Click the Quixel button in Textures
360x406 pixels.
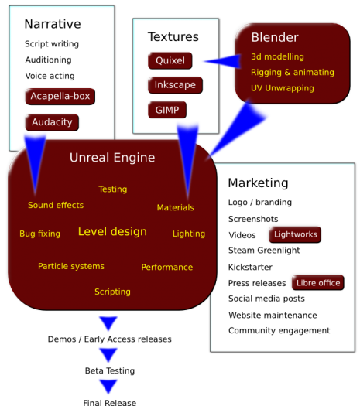click(170, 60)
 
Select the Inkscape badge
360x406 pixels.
click(175, 85)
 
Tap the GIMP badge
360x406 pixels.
click(167, 110)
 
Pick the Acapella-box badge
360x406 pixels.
click(60, 97)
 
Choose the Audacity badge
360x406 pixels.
click(52, 122)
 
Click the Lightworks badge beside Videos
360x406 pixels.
click(295, 234)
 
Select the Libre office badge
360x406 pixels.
click(318, 283)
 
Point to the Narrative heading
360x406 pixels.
click(53, 24)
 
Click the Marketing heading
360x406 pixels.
click(258, 183)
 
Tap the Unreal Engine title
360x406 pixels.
click(112, 158)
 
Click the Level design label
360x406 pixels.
click(112, 231)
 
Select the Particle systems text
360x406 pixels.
click(71, 266)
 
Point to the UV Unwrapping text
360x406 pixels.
click(283, 88)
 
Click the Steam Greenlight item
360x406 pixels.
click(264, 251)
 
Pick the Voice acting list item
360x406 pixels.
click(50, 76)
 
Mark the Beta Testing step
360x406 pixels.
click(110, 370)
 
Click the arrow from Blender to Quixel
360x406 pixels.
click(222, 61)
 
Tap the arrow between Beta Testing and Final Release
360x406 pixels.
click(108, 387)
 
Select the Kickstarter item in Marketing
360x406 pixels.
click(250, 267)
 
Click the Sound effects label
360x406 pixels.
click(56, 205)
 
